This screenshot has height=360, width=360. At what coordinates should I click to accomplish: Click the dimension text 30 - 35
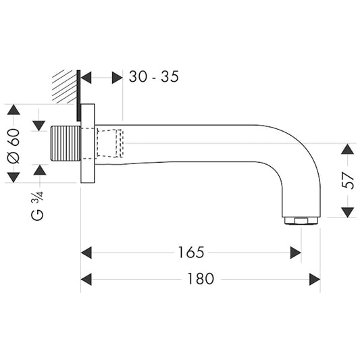click(x=153, y=77)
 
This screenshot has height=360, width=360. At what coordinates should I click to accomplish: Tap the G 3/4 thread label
click(x=38, y=206)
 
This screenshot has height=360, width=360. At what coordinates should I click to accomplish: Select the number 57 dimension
click(x=347, y=180)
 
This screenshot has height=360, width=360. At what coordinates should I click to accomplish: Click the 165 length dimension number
click(x=191, y=253)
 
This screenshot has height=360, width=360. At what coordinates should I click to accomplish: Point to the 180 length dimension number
click(x=201, y=279)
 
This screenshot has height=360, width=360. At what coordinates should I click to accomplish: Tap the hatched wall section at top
click(x=66, y=86)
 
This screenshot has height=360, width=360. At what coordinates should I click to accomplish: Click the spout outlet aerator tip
click(x=301, y=220)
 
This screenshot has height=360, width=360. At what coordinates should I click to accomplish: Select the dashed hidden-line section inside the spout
click(x=110, y=143)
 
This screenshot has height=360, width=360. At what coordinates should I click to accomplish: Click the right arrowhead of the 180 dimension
click(x=315, y=279)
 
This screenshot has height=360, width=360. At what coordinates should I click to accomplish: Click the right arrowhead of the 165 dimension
click(x=296, y=253)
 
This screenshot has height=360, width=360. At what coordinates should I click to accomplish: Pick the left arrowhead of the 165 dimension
click(x=86, y=253)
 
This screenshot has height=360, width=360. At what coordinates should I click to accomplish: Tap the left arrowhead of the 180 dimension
click(x=86, y=279)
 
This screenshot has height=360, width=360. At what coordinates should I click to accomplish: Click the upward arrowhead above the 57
click(x=347, y=149)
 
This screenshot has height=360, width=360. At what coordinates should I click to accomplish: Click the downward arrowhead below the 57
click(x=347, y=212)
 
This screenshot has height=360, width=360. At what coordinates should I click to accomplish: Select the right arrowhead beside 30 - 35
click(x=117, y=78)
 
